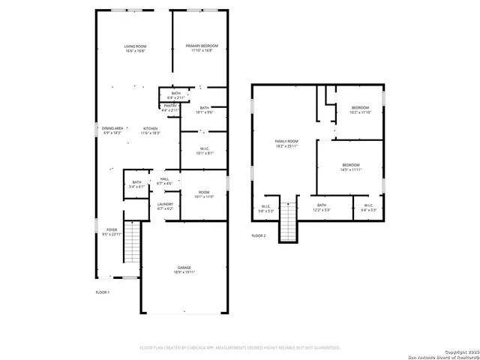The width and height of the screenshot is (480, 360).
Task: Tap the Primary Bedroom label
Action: point(201,49)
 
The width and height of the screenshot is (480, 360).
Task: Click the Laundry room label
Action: point(165,205)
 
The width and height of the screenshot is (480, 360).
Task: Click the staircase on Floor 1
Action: point(132,243)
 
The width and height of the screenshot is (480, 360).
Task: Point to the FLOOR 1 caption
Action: point(103,292)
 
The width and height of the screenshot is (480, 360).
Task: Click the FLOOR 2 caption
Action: point(258,236)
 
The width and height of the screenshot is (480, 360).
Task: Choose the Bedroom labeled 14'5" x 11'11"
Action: point(351,167)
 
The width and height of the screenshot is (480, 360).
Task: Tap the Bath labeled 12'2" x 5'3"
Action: point(322,207)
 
